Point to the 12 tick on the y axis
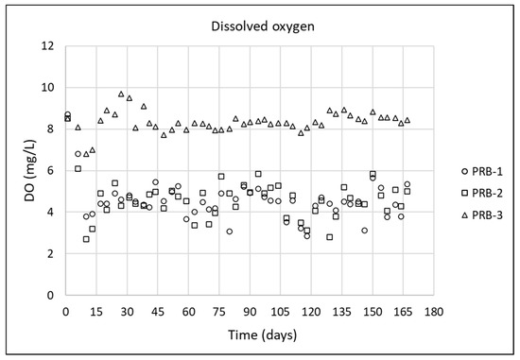tap(51, 46)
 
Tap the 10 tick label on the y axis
tap(51, 88)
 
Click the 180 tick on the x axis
tap(434, 311)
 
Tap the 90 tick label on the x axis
tap(250, 311)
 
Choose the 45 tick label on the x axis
tap(158, 311)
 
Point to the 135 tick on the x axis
tap(341, 311)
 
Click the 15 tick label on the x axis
tap(96, 311)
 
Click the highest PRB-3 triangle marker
tap(121, 94)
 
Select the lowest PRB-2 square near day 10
tap(86, 239)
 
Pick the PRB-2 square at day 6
tap(78, 169)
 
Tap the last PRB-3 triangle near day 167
tap(407, 120)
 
